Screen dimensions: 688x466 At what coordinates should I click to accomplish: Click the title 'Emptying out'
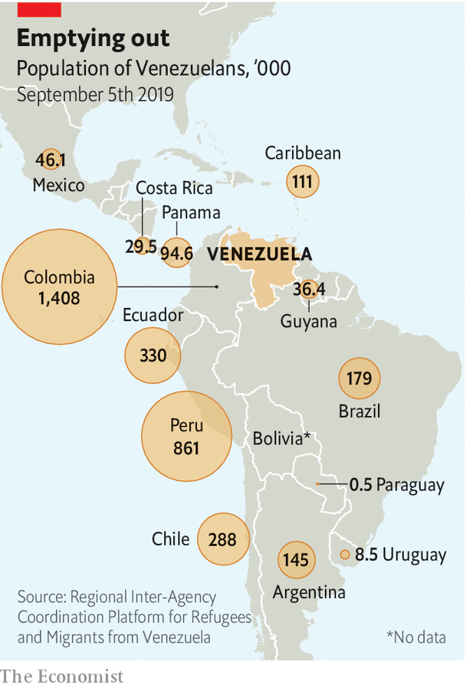[94, 40]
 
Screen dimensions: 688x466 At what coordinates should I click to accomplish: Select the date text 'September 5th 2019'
[95, 95]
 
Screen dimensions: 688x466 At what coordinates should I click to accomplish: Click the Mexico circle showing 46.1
[51, 160]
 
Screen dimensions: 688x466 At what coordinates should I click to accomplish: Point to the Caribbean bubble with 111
[302, 182]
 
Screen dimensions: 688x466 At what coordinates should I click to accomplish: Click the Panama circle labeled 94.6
[176, 254]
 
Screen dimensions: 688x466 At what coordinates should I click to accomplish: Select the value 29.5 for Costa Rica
[141, 247]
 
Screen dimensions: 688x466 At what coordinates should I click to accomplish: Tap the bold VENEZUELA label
[260, 254]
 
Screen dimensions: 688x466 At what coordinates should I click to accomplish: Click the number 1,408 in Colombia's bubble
[59, 298]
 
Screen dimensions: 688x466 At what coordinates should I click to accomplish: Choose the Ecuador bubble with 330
[153, 355]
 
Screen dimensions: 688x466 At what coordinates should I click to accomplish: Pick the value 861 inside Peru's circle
[185, 447]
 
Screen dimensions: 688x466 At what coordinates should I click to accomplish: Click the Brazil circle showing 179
[359, 378]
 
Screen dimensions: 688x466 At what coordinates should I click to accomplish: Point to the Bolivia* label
[281, 439]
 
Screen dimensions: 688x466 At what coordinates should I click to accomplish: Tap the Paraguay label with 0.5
[396, 485]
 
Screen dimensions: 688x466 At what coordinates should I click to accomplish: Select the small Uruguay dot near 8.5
[345, 555]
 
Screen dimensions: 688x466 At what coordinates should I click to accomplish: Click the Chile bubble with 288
[222, 539]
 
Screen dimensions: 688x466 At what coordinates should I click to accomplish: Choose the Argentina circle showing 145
[295, 560]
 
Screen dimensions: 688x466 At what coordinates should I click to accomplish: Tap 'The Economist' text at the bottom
[61, 676]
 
